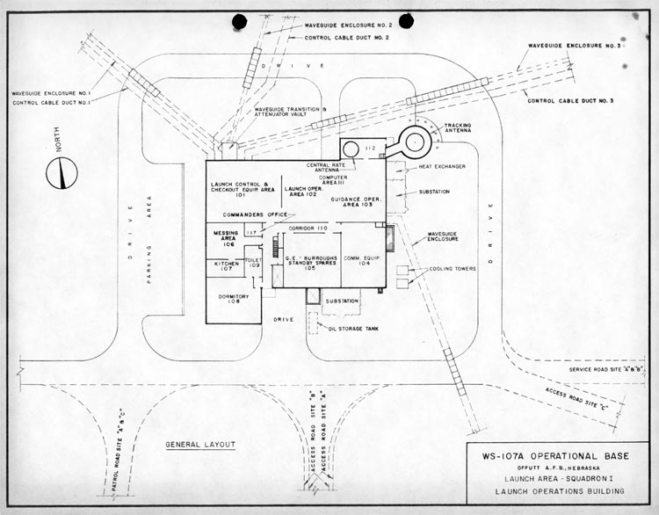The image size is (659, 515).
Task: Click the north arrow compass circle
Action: (62, 172)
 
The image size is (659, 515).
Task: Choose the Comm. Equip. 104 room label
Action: (358, 260)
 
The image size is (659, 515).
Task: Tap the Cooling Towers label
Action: (453, 269)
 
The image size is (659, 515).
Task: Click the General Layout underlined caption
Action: (200, 445)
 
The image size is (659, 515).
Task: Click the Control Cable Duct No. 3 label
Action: (570, 101)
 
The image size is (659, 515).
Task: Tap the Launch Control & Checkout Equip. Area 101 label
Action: (243, 188)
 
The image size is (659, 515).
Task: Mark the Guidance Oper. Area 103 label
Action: (356, 202)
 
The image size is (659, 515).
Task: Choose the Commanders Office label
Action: (255, 214)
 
